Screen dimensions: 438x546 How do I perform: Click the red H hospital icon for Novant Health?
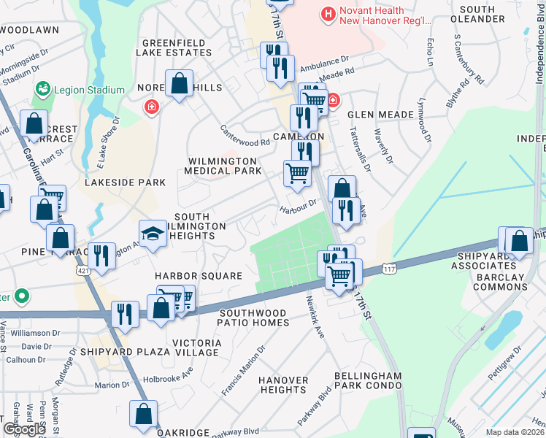pyautogui.click(x=328, y=12)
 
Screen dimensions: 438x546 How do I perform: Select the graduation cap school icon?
pyautogui.click(x=152, y=234)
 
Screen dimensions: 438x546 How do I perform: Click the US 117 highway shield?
pyautogui.click(x=391, y=271)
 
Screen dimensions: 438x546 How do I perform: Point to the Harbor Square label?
pyautogui.click(x=198, y=276)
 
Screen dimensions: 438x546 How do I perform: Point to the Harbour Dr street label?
pyautogui.click(x=299, y=207)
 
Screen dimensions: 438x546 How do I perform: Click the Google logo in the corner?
pyautogui.click(x=23, y=429)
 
